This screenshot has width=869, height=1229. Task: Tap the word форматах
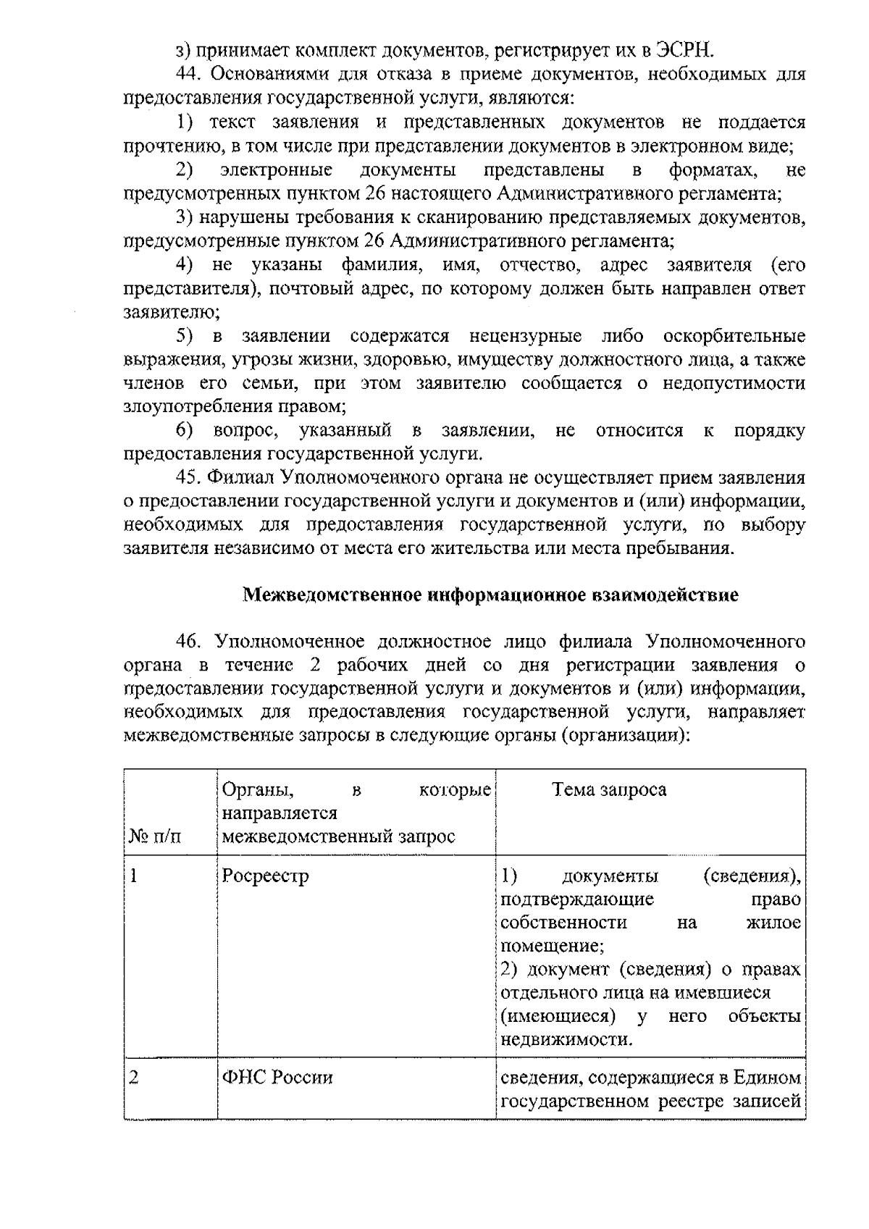pyautogui.click(x=715, y=170)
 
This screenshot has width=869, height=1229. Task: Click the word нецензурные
pyautogui.click(x=525, y=336)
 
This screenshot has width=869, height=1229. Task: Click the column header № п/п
pyautogui.click(x=155, y=837)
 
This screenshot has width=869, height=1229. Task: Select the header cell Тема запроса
pyautogui.click(x=610, y=789)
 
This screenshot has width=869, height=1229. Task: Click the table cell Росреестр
pyautogui.click(x=266, y=876)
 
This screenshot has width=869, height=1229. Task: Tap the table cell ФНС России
pyautogui.click(x=277, y=1078)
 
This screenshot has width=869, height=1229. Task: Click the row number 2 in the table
pyautogui.click(x=133, y=1078)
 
